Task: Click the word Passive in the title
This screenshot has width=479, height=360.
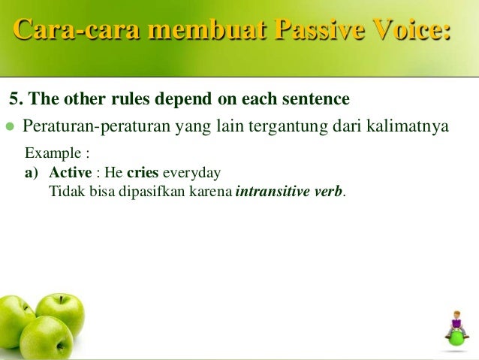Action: (320, 29)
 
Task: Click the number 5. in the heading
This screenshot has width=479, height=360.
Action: (16, 98)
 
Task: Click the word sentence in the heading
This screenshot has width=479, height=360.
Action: (316, 98)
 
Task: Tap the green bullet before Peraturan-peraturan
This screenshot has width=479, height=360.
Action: (10, 126)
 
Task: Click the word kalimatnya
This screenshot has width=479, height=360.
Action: (408, 126)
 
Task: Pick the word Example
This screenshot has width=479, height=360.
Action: (53, 153)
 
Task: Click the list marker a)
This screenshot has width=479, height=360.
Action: (32, 173)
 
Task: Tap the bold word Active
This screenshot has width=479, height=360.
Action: (71, 173)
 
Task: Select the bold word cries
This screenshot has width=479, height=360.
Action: (143, 173)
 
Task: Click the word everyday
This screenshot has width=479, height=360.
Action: (191, 173)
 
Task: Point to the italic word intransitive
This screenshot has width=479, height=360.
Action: (273, 192)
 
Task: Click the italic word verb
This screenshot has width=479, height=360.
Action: (328, 192)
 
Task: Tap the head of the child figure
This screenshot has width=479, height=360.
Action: (457, 315)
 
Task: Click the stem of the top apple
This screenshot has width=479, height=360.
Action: (62, 299)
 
